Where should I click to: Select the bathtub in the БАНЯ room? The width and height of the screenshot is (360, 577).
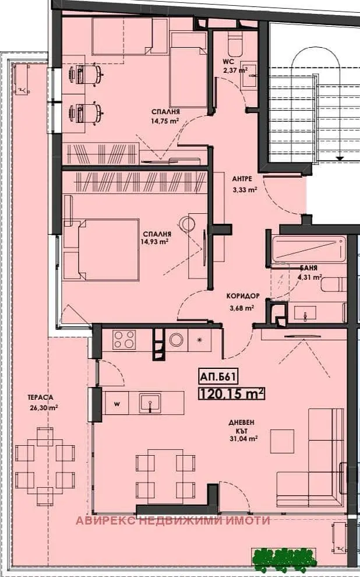pos(309,249)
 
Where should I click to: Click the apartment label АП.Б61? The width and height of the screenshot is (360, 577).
pos(217,377)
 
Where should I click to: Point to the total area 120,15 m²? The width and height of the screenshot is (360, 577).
pos(232,394)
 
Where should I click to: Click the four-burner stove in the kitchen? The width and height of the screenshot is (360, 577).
pos(124,339)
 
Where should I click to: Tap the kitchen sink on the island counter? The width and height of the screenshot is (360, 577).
pos(150,403)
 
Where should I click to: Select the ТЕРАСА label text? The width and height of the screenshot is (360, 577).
pos(40,397)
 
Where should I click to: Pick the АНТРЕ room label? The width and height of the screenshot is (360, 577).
pos(242,179)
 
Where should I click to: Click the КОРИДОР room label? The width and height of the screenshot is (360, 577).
pos(243,295)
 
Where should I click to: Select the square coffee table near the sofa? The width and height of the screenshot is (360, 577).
pos(282,441)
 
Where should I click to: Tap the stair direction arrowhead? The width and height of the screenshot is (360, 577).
pos(340,158)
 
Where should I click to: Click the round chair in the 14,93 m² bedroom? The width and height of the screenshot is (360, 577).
pos(189,224)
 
